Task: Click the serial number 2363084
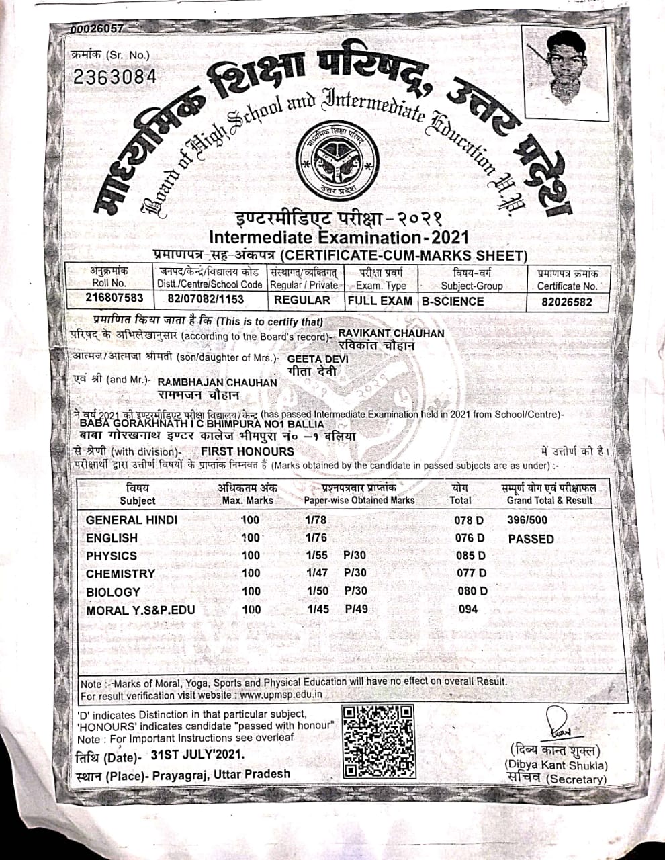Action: [x=114, y=77]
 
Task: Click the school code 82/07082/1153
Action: [x=206, y=300]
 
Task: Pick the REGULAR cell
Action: [x=302, y=300]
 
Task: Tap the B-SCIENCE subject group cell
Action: [x=453, y=301]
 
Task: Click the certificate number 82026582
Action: [x=567, y=302]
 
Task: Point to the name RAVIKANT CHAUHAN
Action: [x=391, y=333]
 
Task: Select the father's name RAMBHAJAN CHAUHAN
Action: [x=217, y=382]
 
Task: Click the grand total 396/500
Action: [x=527, y=520]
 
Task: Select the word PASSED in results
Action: [x=531, y=539]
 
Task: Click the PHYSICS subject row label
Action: [x=112, y=556]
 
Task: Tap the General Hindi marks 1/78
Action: [x=316, y=520]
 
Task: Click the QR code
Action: [x=378, y=742]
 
